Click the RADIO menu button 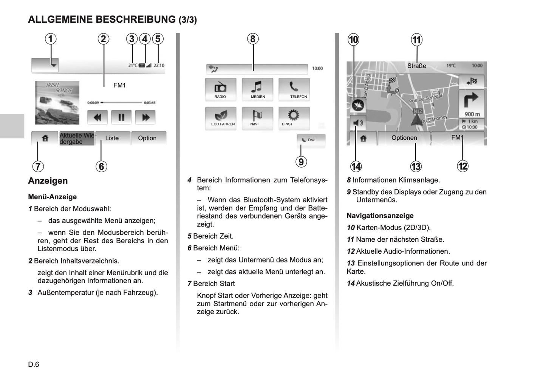pos(220,89)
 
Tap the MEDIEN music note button pos(257,89)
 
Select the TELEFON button pos(294,89)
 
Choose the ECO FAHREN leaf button pos(220,117)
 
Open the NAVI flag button pos(257,117)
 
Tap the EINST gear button pos(294,117)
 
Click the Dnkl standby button pos(311,140)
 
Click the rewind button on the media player pos(97,117)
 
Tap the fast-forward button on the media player pos(145,117)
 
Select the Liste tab pos(112,138)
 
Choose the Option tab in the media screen pos(147,138)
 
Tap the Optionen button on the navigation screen pos(404,138)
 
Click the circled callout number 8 pos(253,39)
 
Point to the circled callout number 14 pos(356,166)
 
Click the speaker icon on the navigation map pos(357,123)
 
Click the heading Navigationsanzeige pos(380,216)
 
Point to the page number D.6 pos(34,364)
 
